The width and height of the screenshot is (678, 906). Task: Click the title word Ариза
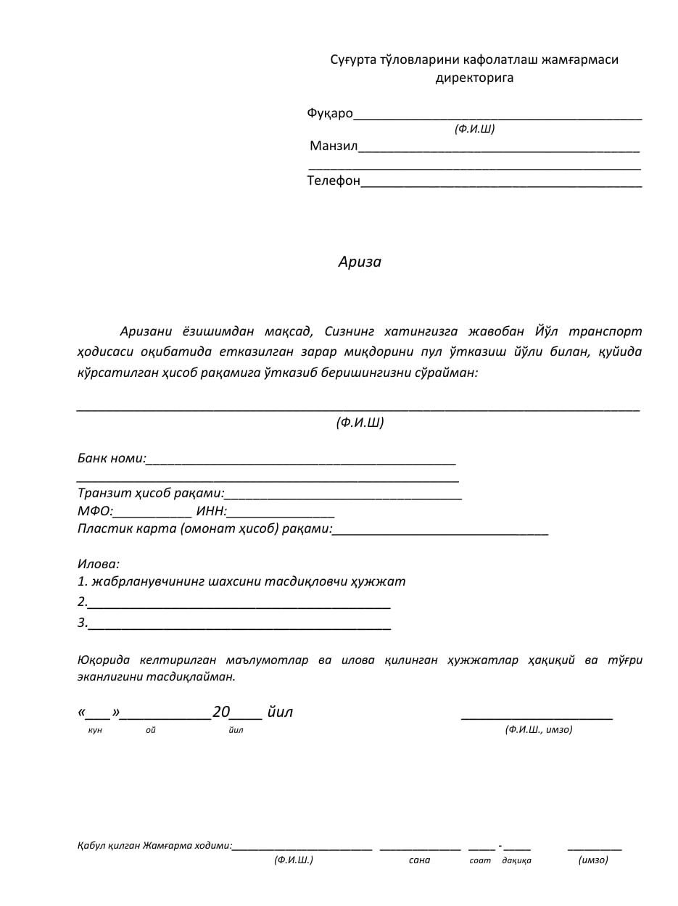(x=360, y=262)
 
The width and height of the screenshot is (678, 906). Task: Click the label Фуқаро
(x=330, y=113)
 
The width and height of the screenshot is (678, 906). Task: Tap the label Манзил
(x=334, y=146)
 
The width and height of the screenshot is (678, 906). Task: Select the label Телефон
(x=334, y=180)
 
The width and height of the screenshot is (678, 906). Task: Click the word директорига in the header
(x=474, y=78)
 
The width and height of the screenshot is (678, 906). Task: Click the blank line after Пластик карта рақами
(x=440, y=533)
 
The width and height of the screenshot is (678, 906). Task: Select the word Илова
(x=98, y=564)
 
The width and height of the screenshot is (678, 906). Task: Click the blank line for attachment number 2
(x=239, y=605)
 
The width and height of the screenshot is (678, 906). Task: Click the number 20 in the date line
(x=221, y=712)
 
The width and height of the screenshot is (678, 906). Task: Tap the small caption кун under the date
(x=95, y=730)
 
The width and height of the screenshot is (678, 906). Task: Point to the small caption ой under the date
(x=151, y=730)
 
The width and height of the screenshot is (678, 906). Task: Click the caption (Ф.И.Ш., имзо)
(x=539, y=729)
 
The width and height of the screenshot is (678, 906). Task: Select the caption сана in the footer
(x=419, y=860)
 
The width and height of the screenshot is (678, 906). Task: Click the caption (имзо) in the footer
(x=593, y=860)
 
